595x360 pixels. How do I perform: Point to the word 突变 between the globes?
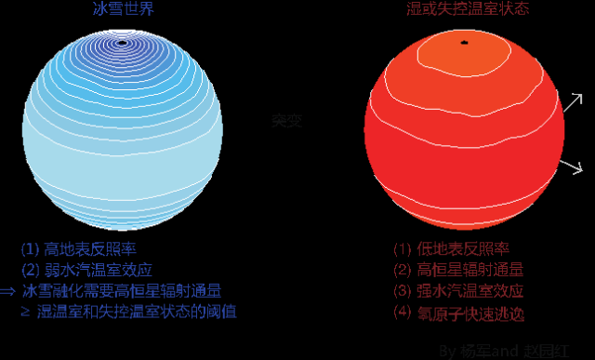click(x=286, y=122)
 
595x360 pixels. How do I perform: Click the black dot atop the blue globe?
click(x=123, y=42)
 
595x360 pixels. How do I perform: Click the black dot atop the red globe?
click(x=464, y=42)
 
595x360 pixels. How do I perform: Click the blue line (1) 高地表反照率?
click(x=85, y=249)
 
